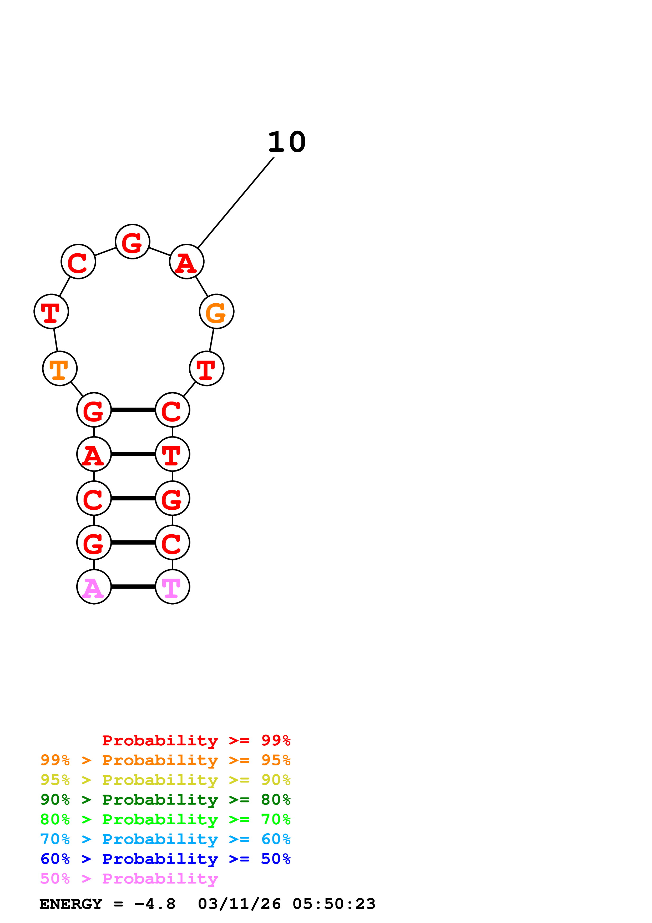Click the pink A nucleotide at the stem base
94,586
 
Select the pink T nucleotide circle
172,586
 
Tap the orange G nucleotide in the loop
216,312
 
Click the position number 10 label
287,142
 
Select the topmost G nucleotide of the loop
133,242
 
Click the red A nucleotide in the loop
187,262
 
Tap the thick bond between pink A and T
133,586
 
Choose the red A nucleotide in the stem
94,454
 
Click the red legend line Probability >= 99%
196,740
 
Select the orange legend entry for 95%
165,760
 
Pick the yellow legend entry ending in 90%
165,780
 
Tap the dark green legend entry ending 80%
165,800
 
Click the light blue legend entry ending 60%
165,839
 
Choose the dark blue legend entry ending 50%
165,859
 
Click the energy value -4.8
155,904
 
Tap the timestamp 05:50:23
334,904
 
